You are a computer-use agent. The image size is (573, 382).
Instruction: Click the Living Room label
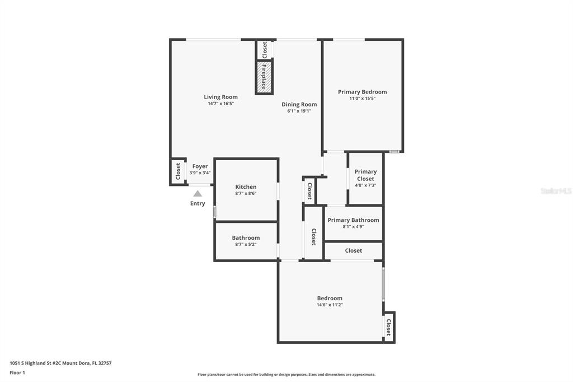point(220,97)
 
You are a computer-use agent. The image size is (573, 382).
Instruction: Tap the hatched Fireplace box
point(264,77)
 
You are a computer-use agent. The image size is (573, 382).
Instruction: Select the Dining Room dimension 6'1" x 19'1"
point(299,111)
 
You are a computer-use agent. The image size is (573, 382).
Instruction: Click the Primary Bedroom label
point(362,92)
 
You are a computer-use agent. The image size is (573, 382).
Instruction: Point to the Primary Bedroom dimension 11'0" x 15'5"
point(362,99)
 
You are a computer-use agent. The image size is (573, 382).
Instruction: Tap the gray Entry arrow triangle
point(198,194)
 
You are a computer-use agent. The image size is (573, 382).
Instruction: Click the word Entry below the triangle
point(198,203)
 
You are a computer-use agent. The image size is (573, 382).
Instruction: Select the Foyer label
point(200,166)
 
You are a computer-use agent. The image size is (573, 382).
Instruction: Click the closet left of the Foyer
point(178,171)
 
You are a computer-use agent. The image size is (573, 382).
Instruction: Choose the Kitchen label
point(246,187)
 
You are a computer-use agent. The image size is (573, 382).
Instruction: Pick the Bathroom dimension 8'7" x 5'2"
point(246,244)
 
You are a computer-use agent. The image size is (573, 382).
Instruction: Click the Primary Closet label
point(365,175)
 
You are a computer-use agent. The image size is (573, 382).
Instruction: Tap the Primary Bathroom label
point(353,220)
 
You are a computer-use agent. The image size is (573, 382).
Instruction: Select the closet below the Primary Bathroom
point(354,250)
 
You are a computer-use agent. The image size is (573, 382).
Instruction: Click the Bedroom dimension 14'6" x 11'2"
point(330,305)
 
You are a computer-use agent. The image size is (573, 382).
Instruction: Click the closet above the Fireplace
point(264,50)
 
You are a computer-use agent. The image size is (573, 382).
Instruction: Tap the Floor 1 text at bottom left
point(17,373)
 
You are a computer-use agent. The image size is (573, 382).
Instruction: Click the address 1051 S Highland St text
point(35,364)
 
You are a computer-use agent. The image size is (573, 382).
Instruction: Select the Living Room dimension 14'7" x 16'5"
point(220,104)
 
